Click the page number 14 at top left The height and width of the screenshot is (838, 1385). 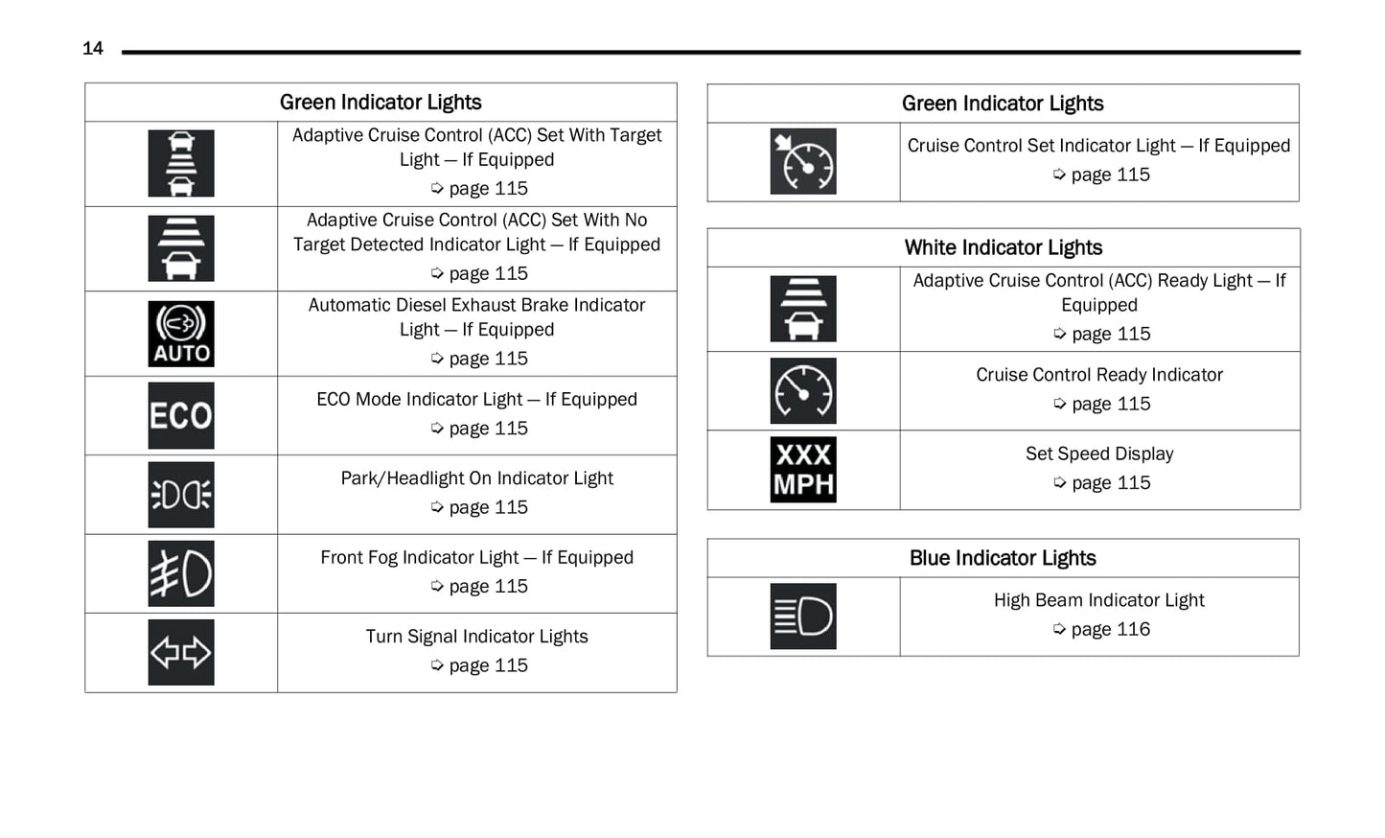coord(93,49)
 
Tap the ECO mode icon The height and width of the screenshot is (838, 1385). coord(181,416)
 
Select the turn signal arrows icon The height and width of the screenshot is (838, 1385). coord(181,653)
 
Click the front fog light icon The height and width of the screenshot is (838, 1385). coord(181,574)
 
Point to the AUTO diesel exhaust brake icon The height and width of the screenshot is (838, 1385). coord(181,334)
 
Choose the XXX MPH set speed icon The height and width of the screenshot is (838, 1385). coord(803,470)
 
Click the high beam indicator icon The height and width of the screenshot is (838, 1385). coord(803,617)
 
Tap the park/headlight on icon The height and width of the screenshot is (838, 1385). coord(181,495)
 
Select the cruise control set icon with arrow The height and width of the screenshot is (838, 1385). coord(803,162)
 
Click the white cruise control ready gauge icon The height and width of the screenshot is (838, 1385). coord(803,391)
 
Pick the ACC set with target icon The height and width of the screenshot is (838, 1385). coord(181,164)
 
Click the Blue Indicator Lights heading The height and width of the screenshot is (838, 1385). coord(1003,558)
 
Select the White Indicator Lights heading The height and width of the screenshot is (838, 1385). coord(1003,247)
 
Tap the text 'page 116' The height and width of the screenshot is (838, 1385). coord(1110,629)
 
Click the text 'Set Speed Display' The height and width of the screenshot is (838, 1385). coord(1099,454)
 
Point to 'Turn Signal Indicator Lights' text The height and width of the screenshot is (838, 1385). coord(476,637)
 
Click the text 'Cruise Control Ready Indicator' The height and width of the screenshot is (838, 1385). coord(1099,375)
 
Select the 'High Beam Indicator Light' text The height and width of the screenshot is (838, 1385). coord(1098,600)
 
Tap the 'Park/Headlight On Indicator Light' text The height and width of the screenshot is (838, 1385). coord(476,478)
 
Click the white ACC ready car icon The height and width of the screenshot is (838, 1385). coord(803,309)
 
